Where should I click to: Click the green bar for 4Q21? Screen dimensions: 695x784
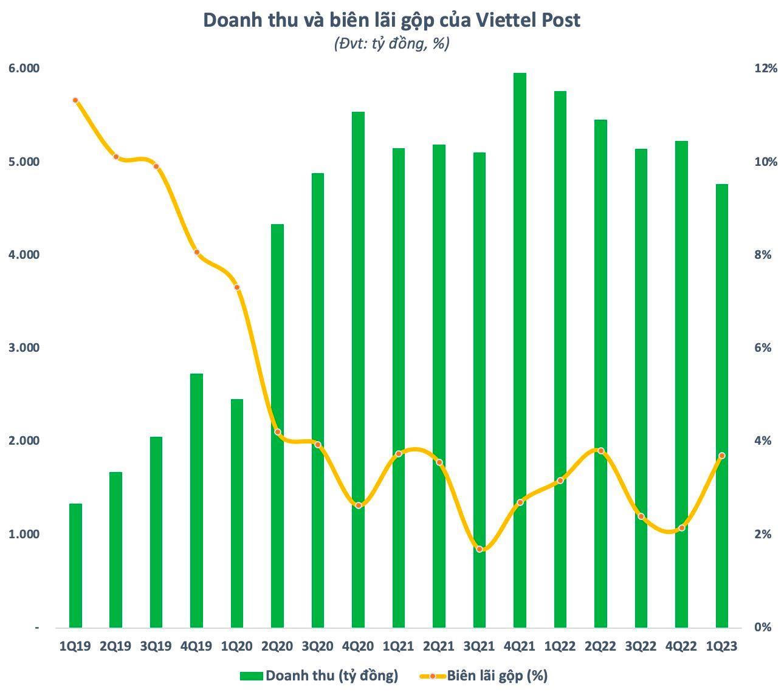pos(520,350)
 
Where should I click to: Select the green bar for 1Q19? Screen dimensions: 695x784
pos(75,565)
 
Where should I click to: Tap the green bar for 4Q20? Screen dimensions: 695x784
pos(358,369)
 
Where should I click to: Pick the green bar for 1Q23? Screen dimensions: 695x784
pos(721,405)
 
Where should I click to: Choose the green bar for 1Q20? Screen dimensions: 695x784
pos(237,513)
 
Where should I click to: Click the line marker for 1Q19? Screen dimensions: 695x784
pos(75,100)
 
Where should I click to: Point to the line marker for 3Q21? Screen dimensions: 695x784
pos(480,549)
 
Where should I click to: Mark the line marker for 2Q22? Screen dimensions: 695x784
pos(600,451)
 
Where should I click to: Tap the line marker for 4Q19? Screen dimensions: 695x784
pos(196,252)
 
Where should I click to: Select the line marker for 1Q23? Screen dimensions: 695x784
pos(721,456)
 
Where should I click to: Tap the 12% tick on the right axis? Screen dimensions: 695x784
pos(765,68)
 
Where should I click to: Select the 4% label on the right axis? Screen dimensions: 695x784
pos(762,440)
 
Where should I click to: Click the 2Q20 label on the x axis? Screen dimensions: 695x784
pos(277,646)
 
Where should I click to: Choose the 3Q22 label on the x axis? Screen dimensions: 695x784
pos(641,646)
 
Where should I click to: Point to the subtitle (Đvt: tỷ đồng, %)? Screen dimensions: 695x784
pos(391,44)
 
